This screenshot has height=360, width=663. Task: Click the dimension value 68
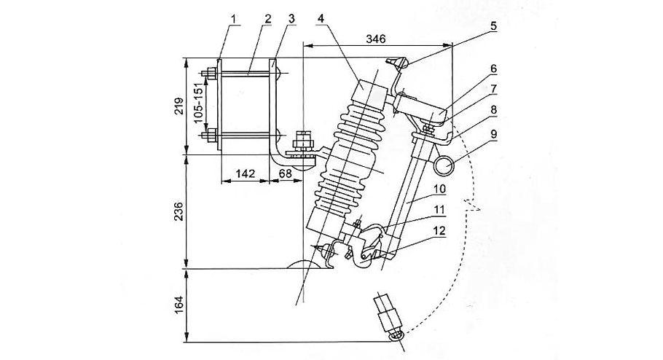(x=285, y=173)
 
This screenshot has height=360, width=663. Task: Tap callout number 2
(x=268, y=17)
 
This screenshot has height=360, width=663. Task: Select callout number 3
(x=291, y=17)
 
